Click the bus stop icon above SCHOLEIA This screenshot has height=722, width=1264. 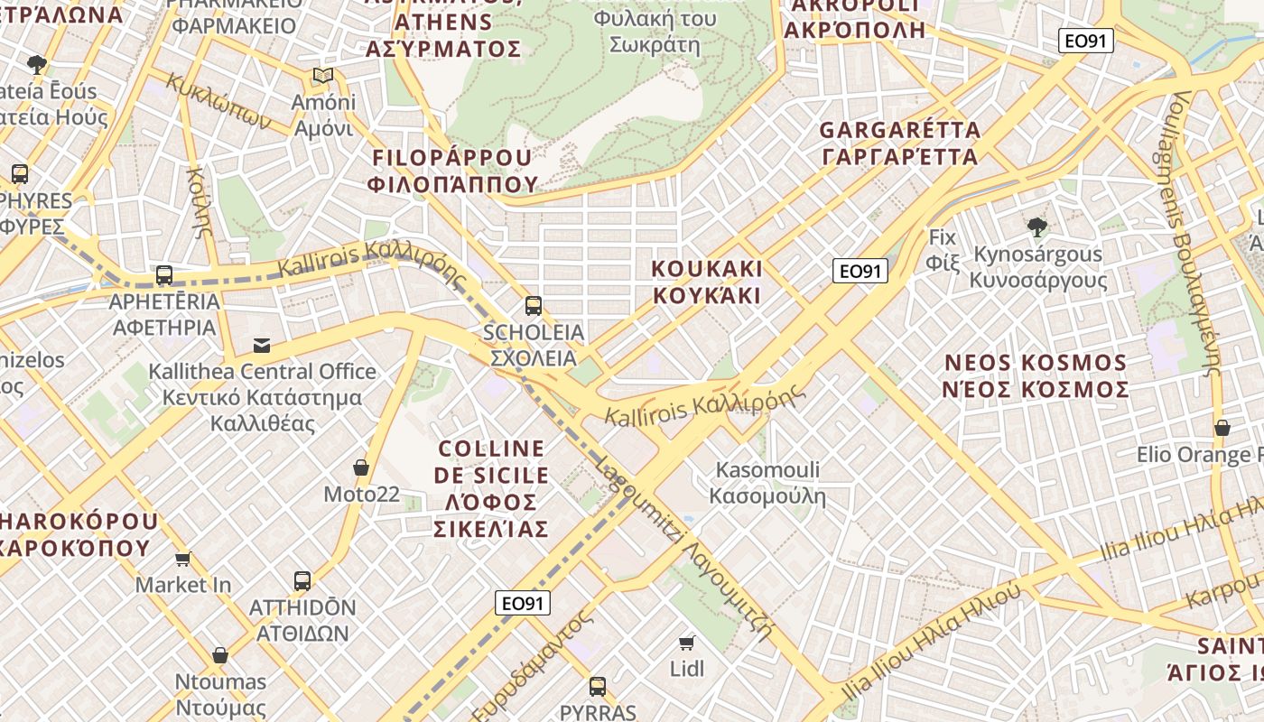click(534, 306)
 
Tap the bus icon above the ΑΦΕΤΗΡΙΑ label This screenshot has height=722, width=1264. click(163, 275)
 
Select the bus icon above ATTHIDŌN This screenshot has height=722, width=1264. click(302, 581)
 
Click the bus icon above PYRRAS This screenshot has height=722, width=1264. click(597, 687)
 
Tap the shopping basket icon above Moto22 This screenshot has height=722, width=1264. click(361, 467)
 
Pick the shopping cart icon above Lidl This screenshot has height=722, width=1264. click(687, 643)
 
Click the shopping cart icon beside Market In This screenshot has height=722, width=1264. click(183, 559)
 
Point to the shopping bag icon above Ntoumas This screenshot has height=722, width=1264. click(220, 655)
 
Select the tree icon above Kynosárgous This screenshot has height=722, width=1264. click(1037, 227)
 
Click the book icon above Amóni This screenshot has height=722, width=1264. click(323, 76)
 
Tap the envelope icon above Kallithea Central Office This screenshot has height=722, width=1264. click(262, 346)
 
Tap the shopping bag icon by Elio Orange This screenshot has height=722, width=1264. click(1222, 428)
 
